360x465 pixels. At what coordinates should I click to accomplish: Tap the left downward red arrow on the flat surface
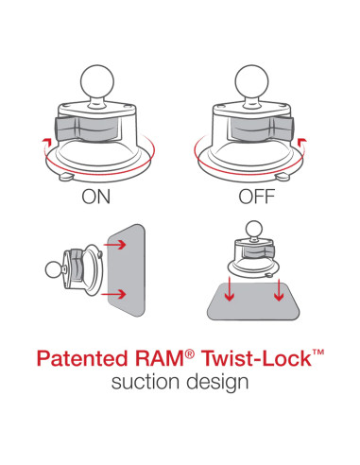click(229, 294)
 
